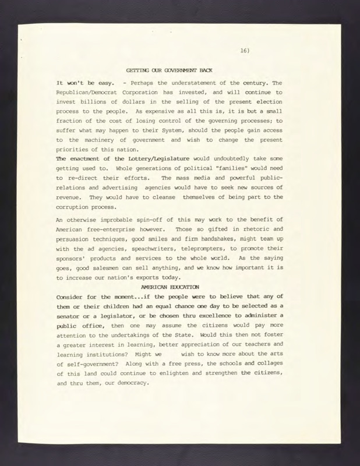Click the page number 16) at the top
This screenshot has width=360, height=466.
[x=244, y=51]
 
